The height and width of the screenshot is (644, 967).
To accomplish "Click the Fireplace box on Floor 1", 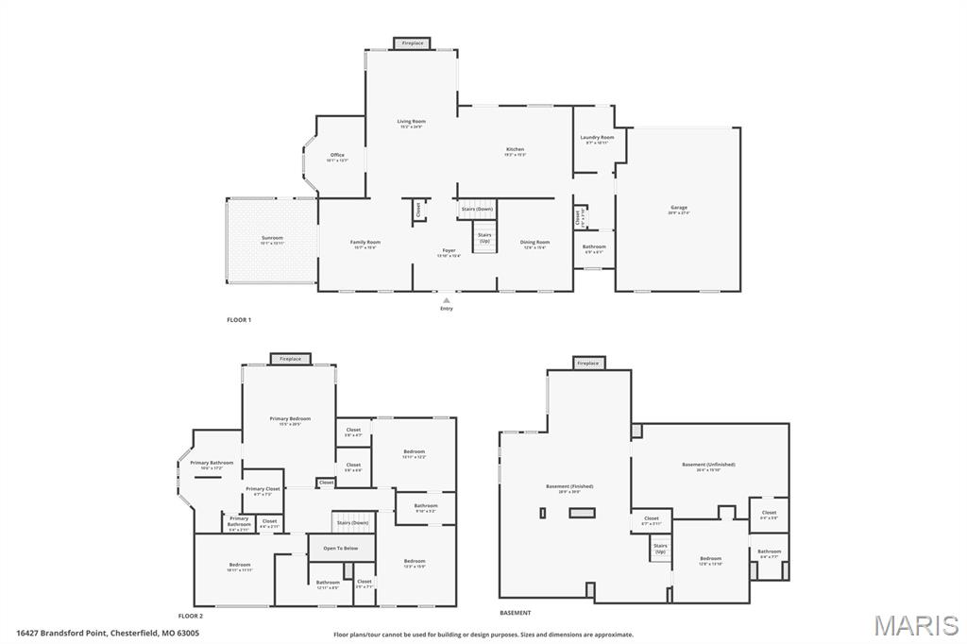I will tap(413, 42).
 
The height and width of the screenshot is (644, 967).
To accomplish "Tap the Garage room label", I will tap(679, 209).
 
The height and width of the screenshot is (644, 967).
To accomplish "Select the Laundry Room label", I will tap(597, 138).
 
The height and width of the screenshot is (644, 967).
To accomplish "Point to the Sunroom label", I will tap(272, 238).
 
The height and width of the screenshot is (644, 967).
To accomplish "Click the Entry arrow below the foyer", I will tap(447, 300).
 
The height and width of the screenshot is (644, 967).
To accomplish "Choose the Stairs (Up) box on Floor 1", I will tap(484, 237).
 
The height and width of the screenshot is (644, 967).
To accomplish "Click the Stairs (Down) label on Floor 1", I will tap(477, 209).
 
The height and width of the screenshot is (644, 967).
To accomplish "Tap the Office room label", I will tap(337, 156).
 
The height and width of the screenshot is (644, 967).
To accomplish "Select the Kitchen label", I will tap(515, 150).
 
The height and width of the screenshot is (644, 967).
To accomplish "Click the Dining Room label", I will tap(534, 243).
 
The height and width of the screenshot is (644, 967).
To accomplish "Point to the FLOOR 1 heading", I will tap(239, 320).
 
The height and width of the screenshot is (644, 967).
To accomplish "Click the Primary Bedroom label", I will tap(290, 419).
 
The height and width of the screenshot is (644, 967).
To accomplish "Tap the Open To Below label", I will tap(340, 548).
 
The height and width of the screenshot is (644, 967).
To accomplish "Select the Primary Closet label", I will tap(263, 489).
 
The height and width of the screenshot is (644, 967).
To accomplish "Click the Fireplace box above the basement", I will tap(588, 363).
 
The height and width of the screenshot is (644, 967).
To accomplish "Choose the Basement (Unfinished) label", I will tap(708, 465).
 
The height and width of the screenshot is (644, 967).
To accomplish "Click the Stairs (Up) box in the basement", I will tap(660, 548).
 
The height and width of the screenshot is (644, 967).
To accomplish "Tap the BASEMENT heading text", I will tap(516, 613).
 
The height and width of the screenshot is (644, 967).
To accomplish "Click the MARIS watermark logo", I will tap(916, 625).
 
